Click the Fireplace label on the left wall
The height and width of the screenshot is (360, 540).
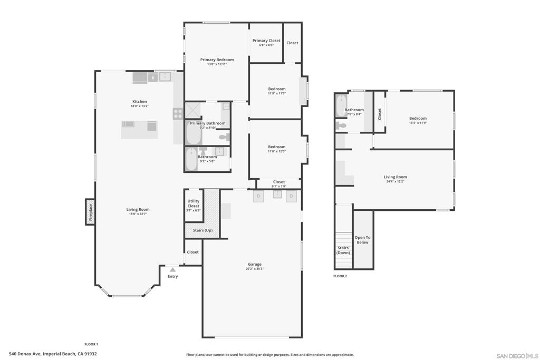[x=90, y=212]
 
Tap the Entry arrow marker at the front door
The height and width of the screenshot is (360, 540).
[x=172, y=269]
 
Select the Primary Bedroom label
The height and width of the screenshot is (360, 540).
[x=217, y=60]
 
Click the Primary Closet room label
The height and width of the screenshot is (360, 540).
[x=266, y=41]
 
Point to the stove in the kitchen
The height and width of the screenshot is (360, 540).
[x=178, y=113]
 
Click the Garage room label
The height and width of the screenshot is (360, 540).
[x=255, y=264]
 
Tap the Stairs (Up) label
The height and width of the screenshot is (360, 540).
[x=202, y=230]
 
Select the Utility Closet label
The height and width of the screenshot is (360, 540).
[x=194, y=203]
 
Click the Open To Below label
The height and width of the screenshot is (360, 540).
[x=362, y=240]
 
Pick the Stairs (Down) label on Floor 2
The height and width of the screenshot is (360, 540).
[x=343, y=250]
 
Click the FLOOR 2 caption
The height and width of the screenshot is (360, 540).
[x=340, y=276]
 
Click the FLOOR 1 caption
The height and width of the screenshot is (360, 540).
[x=91, y=344]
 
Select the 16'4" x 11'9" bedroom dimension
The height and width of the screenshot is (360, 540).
[x=418, y=123]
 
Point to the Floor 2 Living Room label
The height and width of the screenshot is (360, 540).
[x=395, y=177]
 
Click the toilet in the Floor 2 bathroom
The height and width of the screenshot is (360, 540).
[x=341, y=125]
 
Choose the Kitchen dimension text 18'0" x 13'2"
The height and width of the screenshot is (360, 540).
[x=139, y=106]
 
